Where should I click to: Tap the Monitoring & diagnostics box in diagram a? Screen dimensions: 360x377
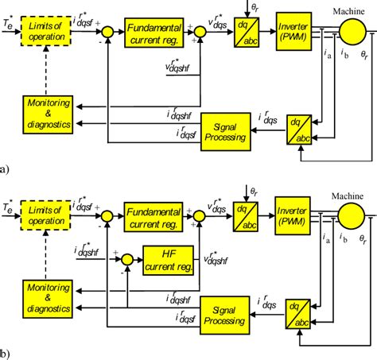point(49,110)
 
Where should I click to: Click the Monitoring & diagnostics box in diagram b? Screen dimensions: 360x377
point(49,292)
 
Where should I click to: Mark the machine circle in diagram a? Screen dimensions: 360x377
point(350,27)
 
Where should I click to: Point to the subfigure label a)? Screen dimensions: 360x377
point(6,169)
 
